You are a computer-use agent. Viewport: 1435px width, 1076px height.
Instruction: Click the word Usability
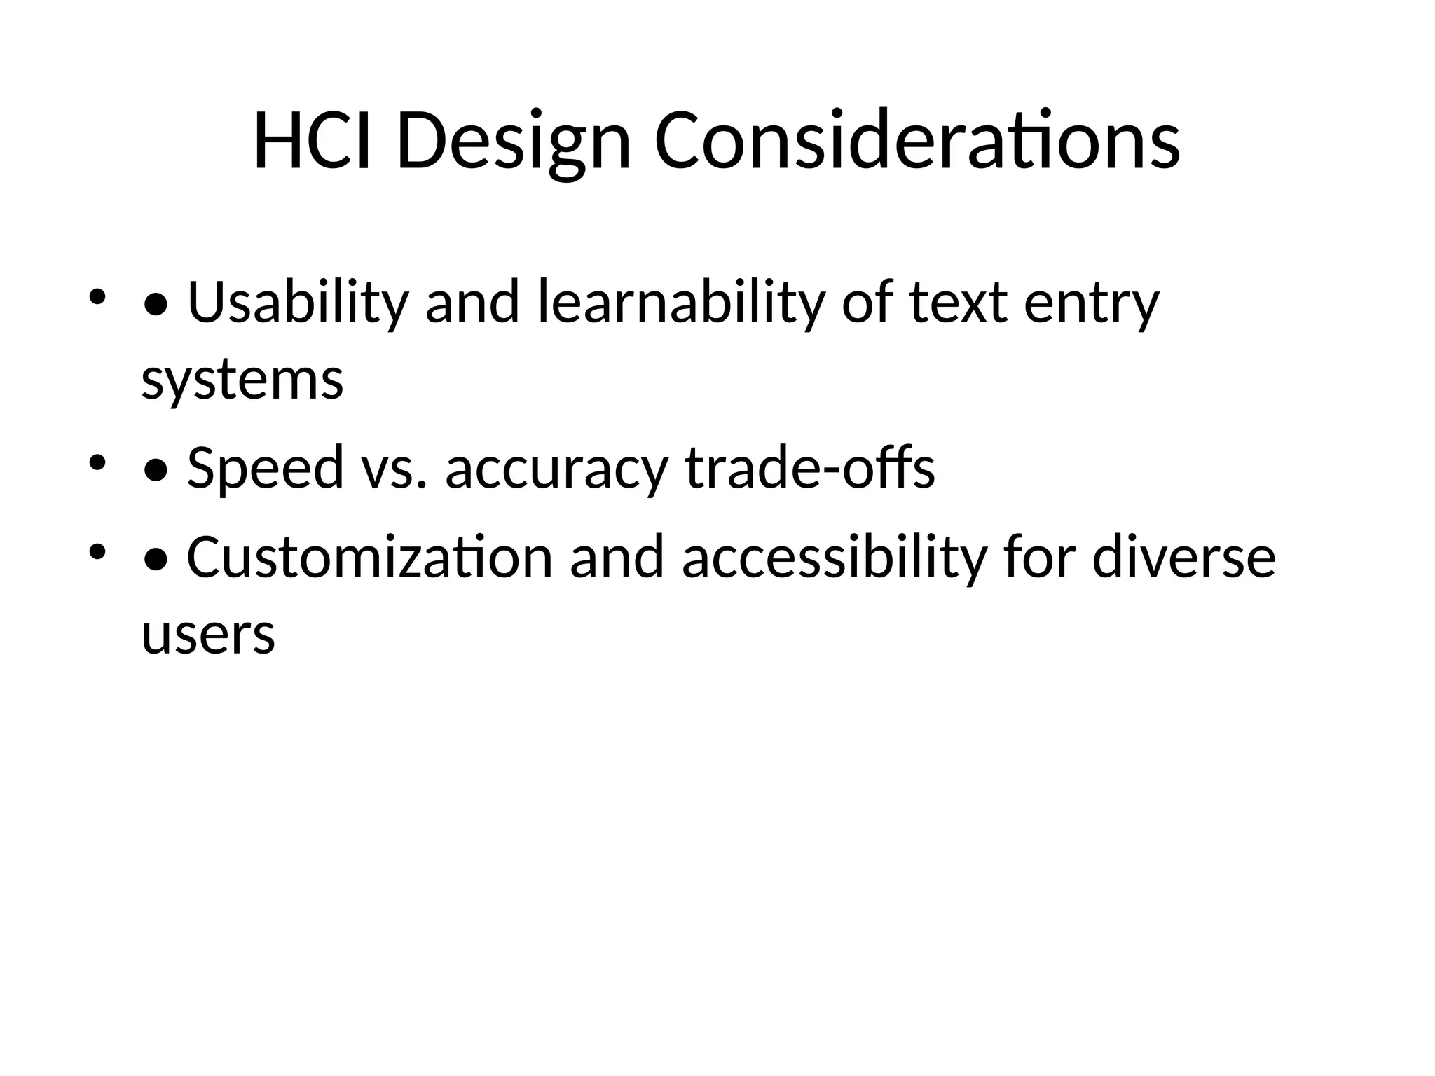[x=298, y=303]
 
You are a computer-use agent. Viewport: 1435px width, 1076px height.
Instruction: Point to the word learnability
[x=680, y=303]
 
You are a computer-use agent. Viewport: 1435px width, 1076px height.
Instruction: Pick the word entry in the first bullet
[x=1092, y=303]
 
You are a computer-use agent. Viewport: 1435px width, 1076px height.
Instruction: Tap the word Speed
[x=266, y=467]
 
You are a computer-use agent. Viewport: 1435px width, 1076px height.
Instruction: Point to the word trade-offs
[x=810, y=467]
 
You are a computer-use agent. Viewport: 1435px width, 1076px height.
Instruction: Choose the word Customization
[x=370, y=557]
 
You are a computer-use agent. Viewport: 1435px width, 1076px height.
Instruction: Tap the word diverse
[x=1183, y=557]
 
